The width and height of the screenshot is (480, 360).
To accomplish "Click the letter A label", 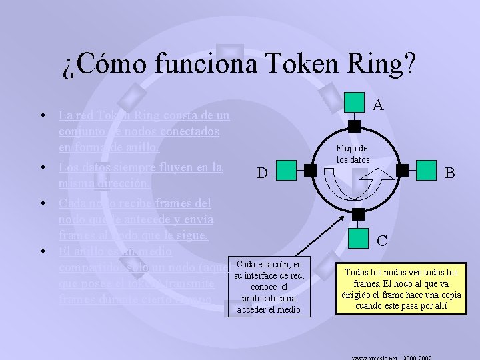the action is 378,105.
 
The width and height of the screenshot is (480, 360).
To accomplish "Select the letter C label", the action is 383,241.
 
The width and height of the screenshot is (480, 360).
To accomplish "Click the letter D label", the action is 263,174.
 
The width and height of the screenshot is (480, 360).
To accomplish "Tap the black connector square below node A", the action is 355,126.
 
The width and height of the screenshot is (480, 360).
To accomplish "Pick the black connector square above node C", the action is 359,214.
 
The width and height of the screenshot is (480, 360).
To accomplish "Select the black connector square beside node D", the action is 311,171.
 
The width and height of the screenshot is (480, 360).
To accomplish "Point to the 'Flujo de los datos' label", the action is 352,154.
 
